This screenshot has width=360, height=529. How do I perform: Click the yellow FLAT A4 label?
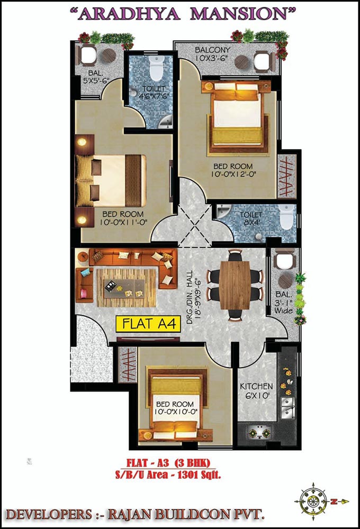click(x=149, y=324)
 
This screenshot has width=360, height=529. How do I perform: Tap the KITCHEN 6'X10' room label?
click(x=256, y=391)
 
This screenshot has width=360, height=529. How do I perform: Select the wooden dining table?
click(x=235, y=286)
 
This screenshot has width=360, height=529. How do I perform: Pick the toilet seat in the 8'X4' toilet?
click(x=287, y=217)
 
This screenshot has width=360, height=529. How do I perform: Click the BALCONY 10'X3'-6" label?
click(x=213, y=53)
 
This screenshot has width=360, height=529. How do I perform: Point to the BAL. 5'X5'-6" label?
click(x=95, y=77)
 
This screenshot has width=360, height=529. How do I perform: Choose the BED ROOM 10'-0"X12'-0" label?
click(x=233, y=170)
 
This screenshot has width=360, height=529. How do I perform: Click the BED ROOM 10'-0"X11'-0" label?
click(x=123, y=218)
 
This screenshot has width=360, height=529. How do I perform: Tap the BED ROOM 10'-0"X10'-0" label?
click(x=175, y=408)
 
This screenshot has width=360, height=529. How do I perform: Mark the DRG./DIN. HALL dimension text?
click(x=194, y=297)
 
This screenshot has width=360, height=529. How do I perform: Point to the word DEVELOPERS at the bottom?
click(x=49, y=515)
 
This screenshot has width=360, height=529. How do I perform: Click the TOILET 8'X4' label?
click(x=251, y=218)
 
